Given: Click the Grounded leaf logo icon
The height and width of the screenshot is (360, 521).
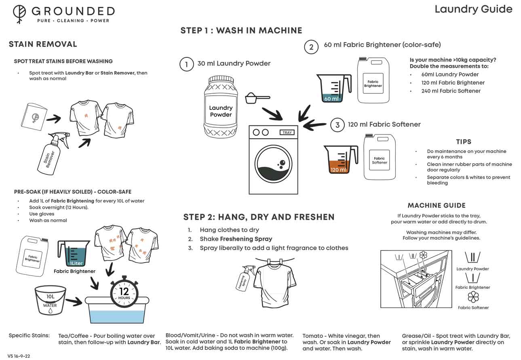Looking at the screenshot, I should click(19, 14).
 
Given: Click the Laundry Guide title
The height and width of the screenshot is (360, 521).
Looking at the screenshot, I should click(473, 9).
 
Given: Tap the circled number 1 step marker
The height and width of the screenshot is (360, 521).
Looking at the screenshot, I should click(186, 64).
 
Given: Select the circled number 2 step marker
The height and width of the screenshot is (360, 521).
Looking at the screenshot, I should click(311, 47).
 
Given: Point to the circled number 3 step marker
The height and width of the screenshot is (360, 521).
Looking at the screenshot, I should click(337, 125).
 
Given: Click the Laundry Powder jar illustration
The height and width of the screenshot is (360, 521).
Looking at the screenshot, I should click(221, 107).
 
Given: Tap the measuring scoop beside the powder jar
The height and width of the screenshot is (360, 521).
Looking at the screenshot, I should click(257, 98).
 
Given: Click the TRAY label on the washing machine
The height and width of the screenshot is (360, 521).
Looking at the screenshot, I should click(287, 133).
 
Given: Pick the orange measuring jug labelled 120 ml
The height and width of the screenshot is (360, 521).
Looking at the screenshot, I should click(340, 160).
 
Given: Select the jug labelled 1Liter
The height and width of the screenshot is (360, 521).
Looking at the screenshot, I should click(74, 254).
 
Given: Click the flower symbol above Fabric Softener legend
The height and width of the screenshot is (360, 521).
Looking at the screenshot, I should click(473, 297).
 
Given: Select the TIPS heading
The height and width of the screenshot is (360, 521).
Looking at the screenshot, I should click(464, 142).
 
